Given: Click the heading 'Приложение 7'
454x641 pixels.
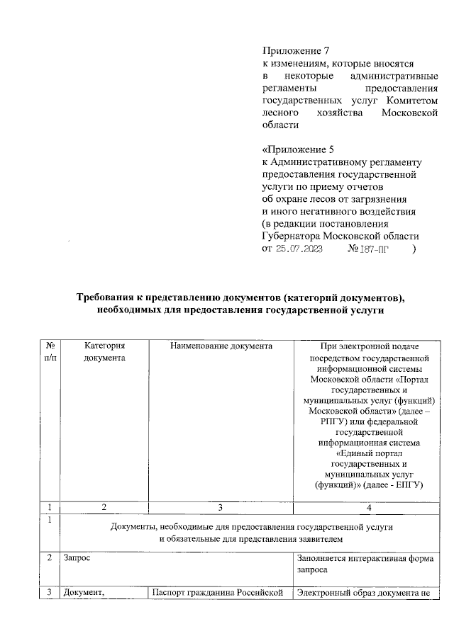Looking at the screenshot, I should [296, 51].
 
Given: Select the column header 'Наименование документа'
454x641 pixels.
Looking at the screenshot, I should [221, 346].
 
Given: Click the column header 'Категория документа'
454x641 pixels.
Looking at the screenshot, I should [104, 351].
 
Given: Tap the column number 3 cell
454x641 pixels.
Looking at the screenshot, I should [221, 507].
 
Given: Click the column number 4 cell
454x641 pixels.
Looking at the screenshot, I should [367, 507].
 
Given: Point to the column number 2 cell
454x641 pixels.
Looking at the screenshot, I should [104, 507].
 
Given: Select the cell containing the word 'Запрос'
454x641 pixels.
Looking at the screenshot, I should [76, 557].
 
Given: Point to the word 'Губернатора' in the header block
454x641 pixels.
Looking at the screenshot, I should [292, 236].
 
